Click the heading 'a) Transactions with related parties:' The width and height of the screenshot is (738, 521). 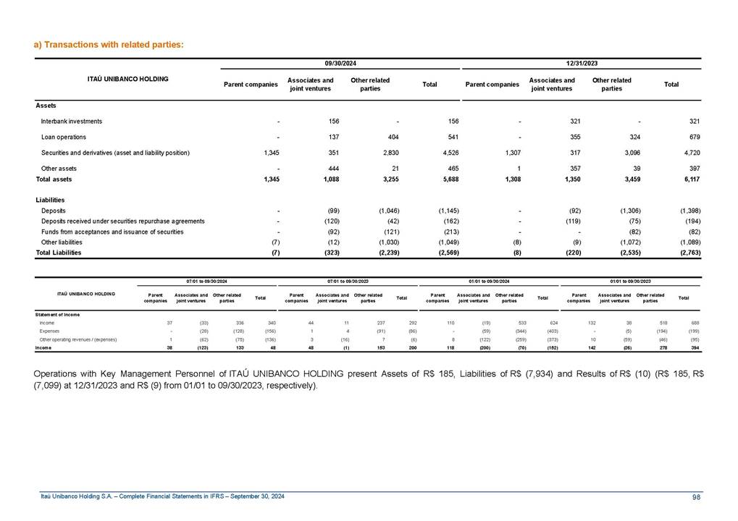point(109,45)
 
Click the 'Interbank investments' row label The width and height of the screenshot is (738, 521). point(72,122)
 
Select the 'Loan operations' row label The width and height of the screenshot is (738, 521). point(64,137)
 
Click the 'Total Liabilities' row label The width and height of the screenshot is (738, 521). point(59,253)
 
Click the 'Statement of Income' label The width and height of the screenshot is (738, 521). point(57,314)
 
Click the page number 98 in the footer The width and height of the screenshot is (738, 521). point(696,496)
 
